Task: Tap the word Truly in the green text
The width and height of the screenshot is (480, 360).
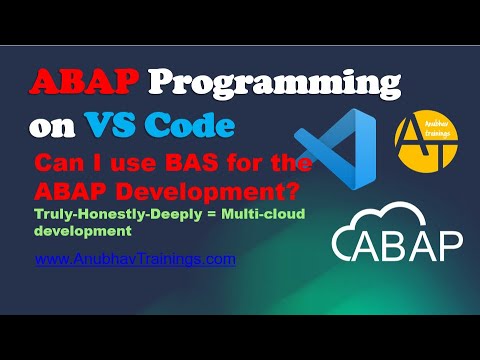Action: (53, 214)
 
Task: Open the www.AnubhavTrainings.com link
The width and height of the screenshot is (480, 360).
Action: (135, 258)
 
